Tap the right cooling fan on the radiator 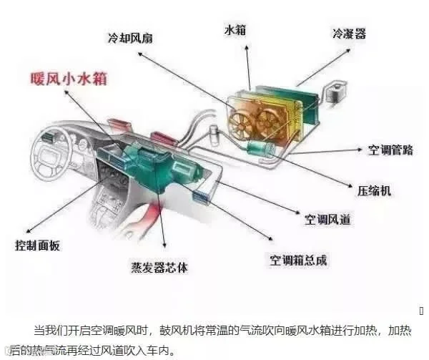[280, 115]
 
